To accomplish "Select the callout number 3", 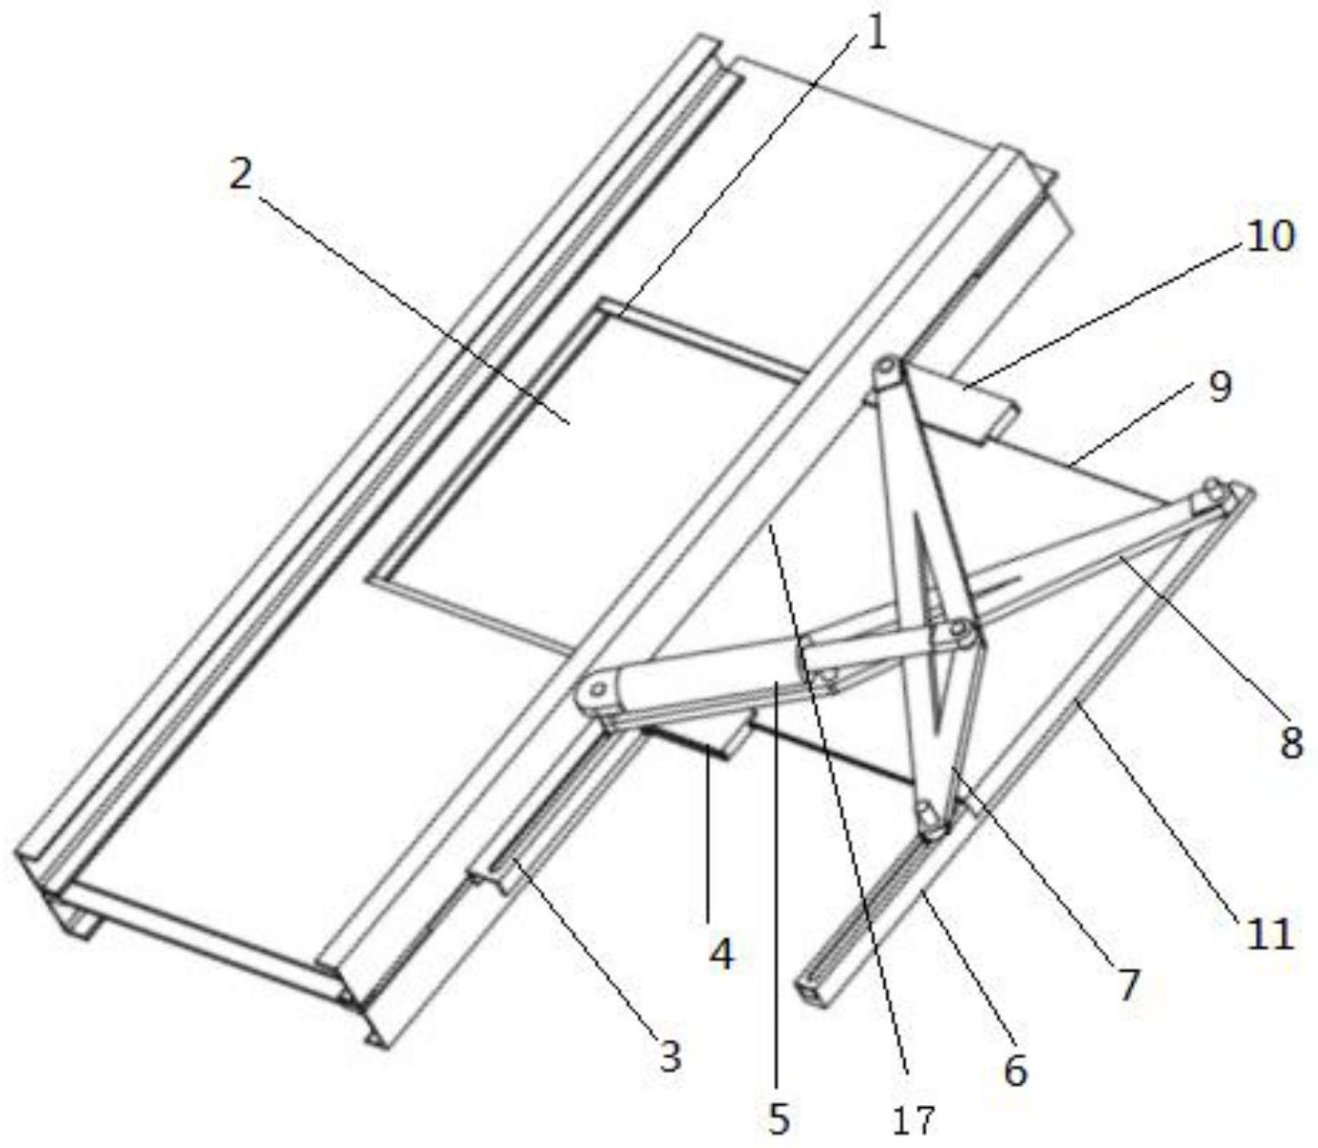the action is click(x=670, y=1057).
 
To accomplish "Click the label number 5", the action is click(x=778, y=1122).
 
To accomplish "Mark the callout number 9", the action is click(x=1219, y=388).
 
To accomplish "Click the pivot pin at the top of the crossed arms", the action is click(x=885, y=369).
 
